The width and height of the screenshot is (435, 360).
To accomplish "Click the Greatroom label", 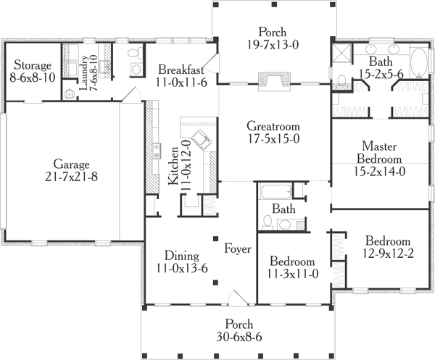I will click(x=274, y=124).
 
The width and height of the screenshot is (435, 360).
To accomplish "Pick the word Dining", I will click(x=178, y=255).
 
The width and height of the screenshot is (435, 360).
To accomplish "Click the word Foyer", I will click(x=237, y=249).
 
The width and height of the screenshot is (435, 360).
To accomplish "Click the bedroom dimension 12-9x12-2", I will click(x=387, y=254).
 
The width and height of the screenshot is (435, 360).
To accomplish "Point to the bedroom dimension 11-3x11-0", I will click(x=292, y=275).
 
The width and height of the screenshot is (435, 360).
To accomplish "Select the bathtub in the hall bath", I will click(x=275, y=193).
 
